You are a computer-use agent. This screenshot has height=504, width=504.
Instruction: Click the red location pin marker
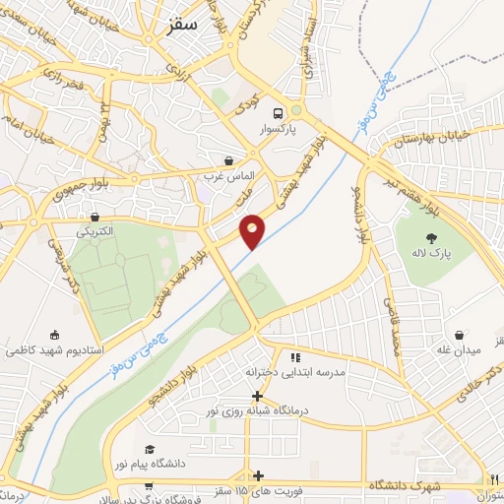coord(253,230)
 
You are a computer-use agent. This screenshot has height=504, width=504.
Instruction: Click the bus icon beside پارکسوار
coord(279,111)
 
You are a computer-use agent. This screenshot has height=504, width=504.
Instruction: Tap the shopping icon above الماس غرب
coord(229,160)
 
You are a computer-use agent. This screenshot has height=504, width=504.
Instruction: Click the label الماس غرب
coord(229,176)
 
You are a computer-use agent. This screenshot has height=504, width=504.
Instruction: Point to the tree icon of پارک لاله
coord(430,237)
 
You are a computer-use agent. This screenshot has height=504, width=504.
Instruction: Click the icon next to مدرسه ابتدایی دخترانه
coord(293,357)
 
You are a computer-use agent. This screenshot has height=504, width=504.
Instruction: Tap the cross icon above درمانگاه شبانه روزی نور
coord(257,396)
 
